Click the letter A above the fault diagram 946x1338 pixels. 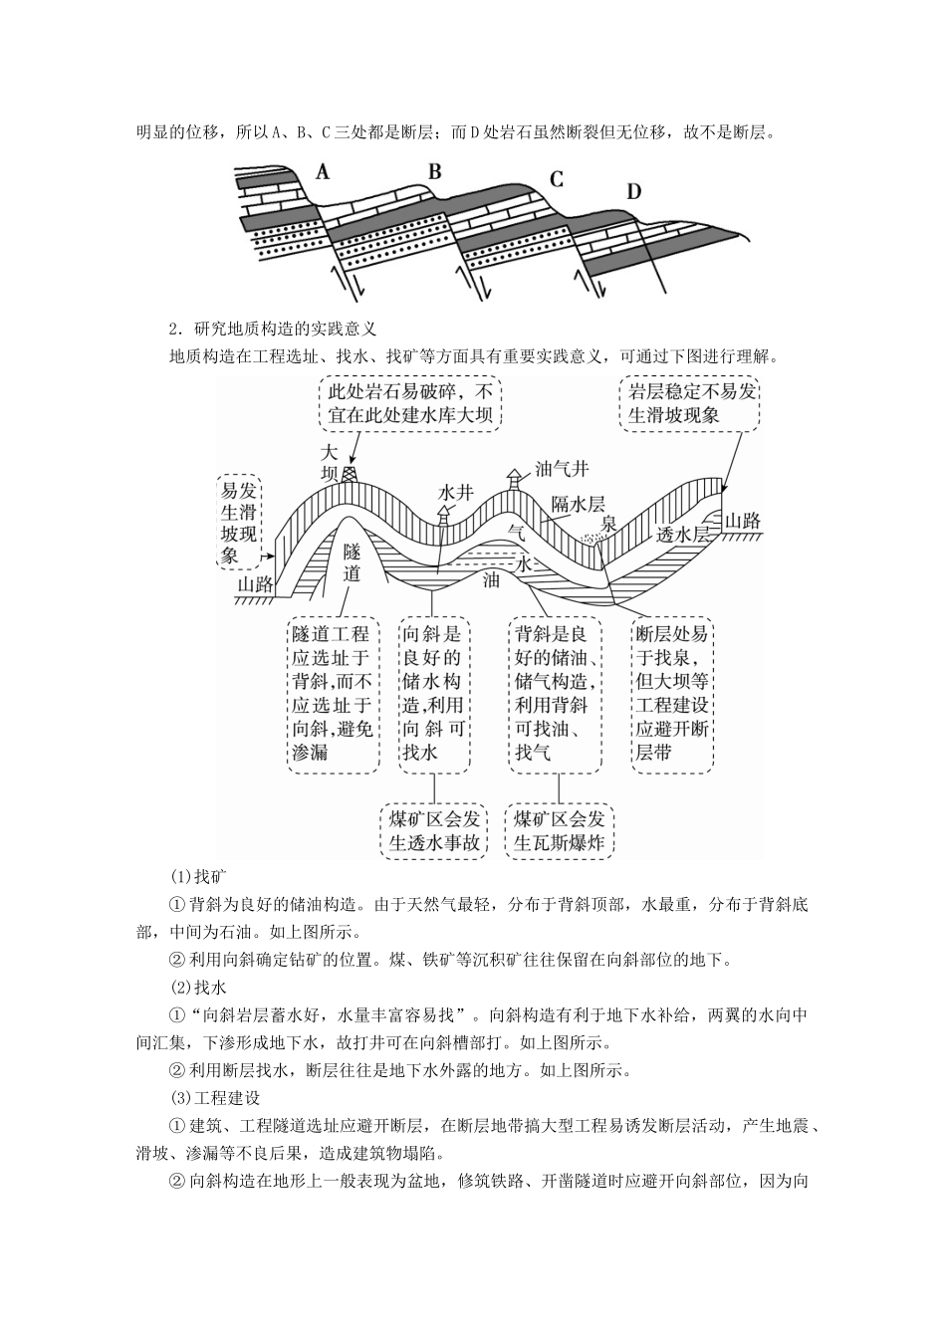coord(322,172)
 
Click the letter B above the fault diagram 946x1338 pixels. coord(434,171)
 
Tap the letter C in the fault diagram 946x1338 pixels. coord(557,179)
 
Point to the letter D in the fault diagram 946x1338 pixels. coord(634,191)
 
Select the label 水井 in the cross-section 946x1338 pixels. coord(455,492)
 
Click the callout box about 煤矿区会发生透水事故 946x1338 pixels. coord(434,830)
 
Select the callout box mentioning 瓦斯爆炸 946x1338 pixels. coord(560,830)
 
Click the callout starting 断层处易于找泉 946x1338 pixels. coord(671,694)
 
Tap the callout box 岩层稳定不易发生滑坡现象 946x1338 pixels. coord(688,402)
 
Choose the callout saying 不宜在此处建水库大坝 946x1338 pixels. coord(410,402)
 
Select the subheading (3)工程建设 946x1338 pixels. coord(215,1098)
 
